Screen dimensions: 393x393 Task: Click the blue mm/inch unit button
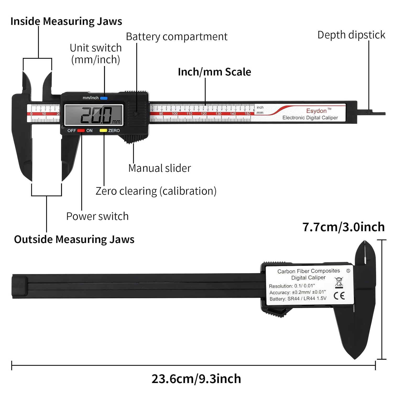104,98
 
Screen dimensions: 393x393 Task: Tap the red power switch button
81,130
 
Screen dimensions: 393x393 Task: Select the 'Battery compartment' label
177,37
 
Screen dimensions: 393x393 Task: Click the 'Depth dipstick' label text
351,35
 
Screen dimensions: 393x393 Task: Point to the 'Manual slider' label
160,168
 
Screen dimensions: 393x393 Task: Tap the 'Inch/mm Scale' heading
214,72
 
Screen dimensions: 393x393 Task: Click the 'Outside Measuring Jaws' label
74,239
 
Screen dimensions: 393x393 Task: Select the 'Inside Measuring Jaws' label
66,21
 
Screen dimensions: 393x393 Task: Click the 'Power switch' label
97,216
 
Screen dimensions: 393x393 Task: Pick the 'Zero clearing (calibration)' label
156,191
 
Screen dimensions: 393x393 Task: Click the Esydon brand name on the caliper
316,111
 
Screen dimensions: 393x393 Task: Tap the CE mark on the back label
339,296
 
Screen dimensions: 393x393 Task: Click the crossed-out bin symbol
339,282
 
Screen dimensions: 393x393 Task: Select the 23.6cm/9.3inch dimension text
196,379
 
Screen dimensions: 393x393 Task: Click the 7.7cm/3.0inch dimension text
343,227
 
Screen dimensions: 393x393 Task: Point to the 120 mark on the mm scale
204,114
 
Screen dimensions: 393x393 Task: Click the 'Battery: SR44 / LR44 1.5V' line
298,299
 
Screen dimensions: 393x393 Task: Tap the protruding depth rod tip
379,113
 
